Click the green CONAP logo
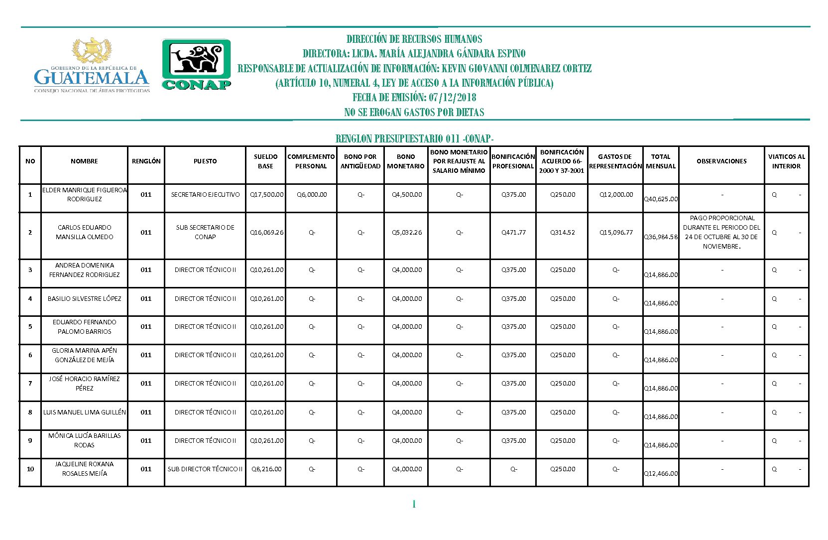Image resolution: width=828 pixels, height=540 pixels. point(196,65)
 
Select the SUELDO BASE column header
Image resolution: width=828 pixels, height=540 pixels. point(265,161)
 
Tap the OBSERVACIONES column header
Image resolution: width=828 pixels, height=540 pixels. point(721,161)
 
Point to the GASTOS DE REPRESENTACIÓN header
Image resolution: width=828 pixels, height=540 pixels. point(615,161)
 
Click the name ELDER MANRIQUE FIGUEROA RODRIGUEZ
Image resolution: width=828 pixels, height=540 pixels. point(84,195)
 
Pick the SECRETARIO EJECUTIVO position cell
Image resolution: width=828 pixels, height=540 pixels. point(205,195)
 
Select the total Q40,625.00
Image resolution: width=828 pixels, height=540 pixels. point(661,199)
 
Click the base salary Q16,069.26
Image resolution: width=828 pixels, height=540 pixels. point(266,233)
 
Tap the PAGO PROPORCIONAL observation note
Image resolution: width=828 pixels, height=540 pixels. point(721,232)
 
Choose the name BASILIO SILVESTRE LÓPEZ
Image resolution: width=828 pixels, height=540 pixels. point(84,299)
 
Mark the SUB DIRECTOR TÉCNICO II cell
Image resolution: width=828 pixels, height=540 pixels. point(205,469)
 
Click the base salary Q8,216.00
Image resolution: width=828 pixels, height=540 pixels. point(266,469)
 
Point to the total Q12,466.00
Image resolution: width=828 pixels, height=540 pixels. point(661,474)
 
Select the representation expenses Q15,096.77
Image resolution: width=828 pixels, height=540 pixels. point(616,233)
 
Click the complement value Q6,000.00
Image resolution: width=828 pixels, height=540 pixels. point(312,195)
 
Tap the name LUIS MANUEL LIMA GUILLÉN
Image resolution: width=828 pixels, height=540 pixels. point(84,412)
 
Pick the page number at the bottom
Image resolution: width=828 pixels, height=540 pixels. point(414,505)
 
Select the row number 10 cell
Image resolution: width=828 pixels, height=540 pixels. point(30,469)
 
